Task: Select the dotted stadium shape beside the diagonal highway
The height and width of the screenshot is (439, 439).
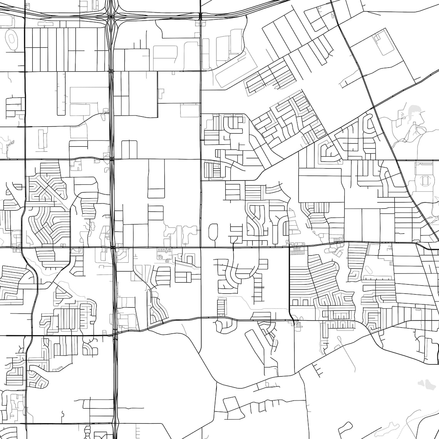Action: click(x=425, y=180)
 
